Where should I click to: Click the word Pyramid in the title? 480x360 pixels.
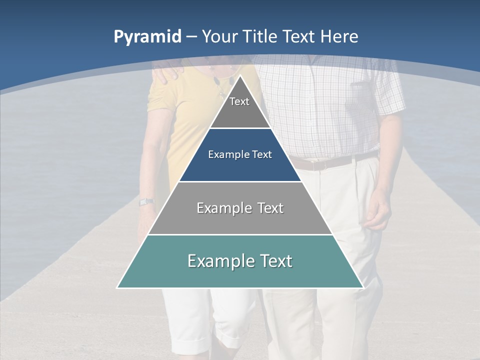147,37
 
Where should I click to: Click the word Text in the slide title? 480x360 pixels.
299,36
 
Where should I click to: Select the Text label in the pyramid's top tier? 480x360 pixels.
239,101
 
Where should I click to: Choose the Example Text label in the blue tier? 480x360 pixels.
240,154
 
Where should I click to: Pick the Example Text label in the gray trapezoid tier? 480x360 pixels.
240,208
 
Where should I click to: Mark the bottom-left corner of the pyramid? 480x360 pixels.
117,287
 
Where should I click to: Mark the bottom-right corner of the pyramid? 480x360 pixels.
363,287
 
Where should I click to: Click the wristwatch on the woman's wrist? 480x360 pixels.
146,202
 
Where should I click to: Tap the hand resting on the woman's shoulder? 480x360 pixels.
166,73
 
